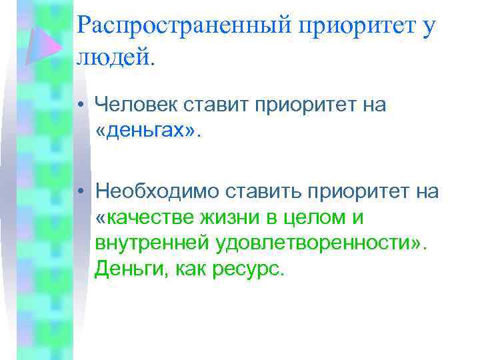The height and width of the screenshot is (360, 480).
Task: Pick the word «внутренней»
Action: pyautogui.click(x=152, y=243)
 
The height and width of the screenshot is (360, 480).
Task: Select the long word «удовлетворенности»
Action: pyautogui.click(x=313, y=243)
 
